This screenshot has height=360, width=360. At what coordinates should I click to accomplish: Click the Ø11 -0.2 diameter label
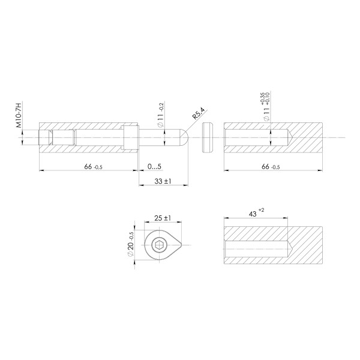pos(160,115)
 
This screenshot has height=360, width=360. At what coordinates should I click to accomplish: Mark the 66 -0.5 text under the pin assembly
pos(92,166)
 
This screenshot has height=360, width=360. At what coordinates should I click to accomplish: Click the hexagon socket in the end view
pos(158,245)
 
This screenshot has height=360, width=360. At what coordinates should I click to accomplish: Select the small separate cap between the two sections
pos(208,139)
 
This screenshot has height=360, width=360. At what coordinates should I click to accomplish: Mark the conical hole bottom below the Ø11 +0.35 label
pos(290,139)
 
